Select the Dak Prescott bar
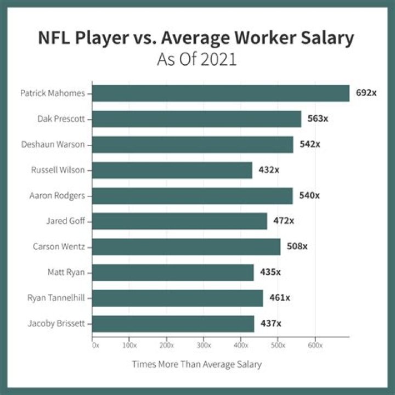click(196, 119)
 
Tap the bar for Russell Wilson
click(172, 170)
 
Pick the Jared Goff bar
click(179, 221)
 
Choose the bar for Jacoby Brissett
click(173, 324)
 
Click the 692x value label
click(366, 93)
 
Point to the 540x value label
click(309, 195)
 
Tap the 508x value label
click(297, 246)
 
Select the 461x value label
click(280, 298)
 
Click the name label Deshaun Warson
click(53, 144)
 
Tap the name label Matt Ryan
click(66, 272)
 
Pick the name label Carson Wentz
click(59, 246)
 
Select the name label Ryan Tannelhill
click(56, 298)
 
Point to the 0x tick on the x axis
click(95, 346)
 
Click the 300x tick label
click(204, 346)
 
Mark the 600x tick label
click(314, 346)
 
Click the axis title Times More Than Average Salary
click(197, 364)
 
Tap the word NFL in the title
click(57, 38)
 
